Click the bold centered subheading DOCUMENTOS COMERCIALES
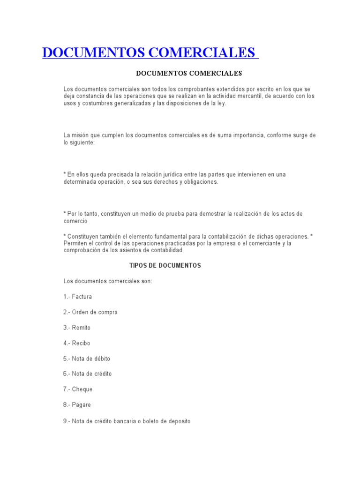pos(188,73)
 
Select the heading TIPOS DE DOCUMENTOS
pos(165,265)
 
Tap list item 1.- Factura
pos(78,297)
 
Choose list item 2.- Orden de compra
pos(90,312)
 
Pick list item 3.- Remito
pos(77,328)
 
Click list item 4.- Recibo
pos(77,343)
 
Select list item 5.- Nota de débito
pos(87,359)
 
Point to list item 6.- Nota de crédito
pos(88,374)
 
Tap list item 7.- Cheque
pos(78,389)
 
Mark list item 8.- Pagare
pos(77,405)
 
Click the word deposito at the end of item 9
pos(175,421)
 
